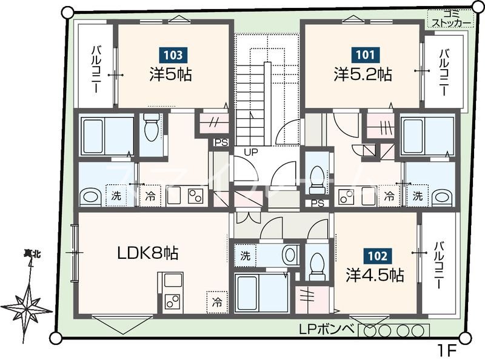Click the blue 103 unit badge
(x=173, y=55)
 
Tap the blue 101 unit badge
(x=366, y=55)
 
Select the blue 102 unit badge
(x=378, y=256)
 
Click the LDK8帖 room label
(x=148, y=253)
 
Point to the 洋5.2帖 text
(x=363, y=75)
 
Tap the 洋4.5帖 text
(x=375, y=275)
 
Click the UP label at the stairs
(x=251, y=152)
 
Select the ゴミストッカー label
(x=451, y=19)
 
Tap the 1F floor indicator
(x=447, y=351)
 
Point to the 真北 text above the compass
(x=33, y=255)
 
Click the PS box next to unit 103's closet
(x=221, y=142)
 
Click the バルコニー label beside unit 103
(x=95, y=70)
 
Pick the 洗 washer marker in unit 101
(x=418, y=196)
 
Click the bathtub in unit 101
(x=428, y=136)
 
